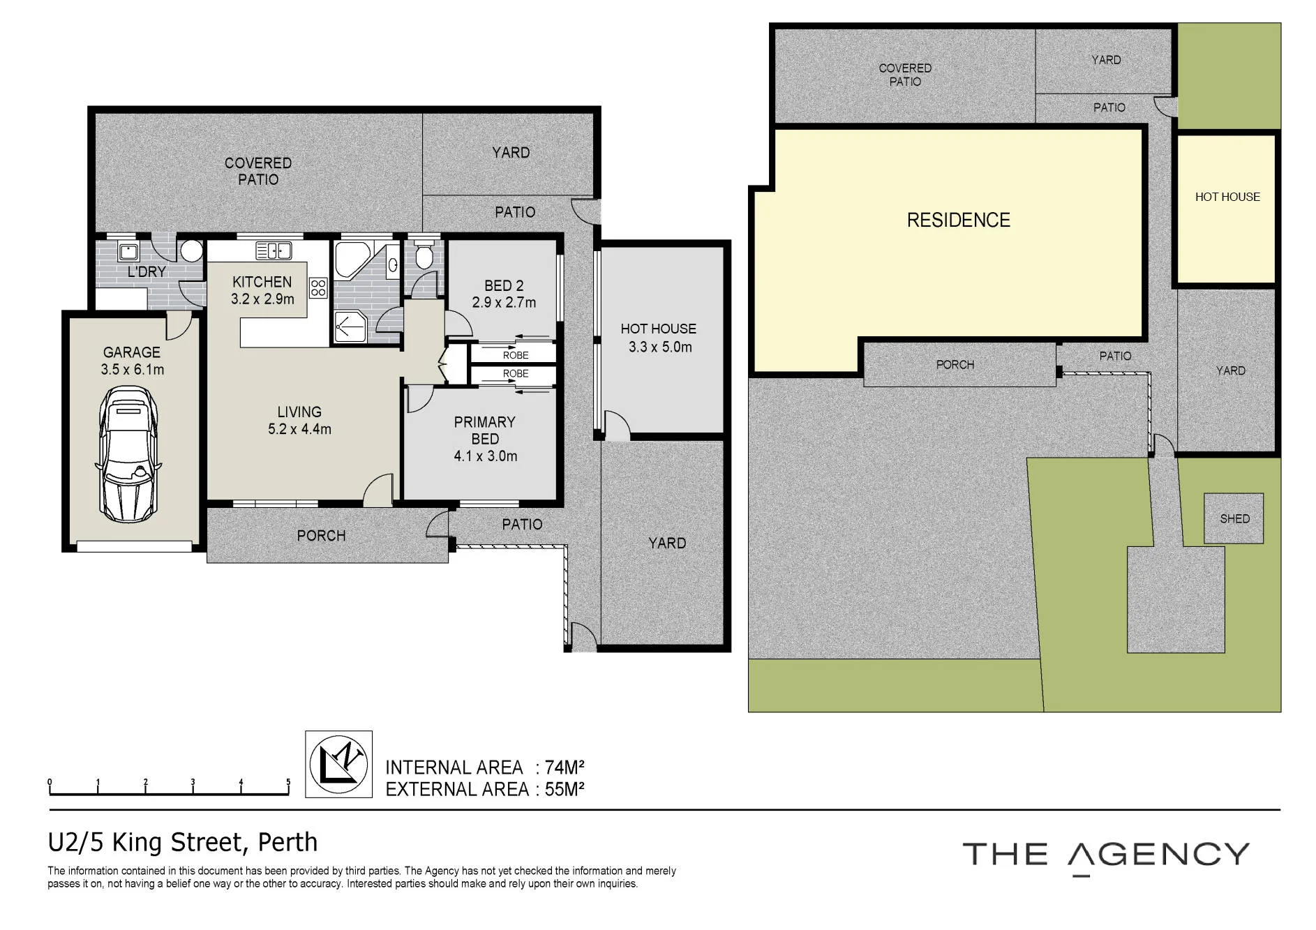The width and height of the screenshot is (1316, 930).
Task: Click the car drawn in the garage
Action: [129, 454]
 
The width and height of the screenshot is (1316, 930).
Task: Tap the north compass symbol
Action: [338, 764]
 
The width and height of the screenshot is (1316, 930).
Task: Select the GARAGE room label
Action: [132, 352]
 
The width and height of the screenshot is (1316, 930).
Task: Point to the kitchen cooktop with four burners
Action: [318, 287]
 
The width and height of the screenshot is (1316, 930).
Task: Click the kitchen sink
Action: [274, 250]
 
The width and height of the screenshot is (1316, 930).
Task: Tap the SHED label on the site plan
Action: [1234, 518]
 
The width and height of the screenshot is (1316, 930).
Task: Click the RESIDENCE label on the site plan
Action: [958, 220]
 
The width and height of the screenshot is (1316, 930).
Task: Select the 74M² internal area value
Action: [564, 767]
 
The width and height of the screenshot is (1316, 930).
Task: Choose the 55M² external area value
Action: [564, 789]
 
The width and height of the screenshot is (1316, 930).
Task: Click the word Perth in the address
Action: [287, 842]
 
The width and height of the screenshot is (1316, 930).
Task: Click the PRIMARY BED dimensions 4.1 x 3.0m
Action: [486, 456]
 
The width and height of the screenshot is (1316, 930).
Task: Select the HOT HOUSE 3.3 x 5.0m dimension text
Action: [660, 347]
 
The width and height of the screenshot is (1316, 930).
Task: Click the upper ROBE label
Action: [516, 355]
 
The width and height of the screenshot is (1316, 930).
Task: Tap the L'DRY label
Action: [147, 271]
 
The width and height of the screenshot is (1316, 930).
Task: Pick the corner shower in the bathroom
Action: [350, 327]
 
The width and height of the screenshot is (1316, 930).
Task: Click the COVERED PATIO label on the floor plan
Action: [258, 171]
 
